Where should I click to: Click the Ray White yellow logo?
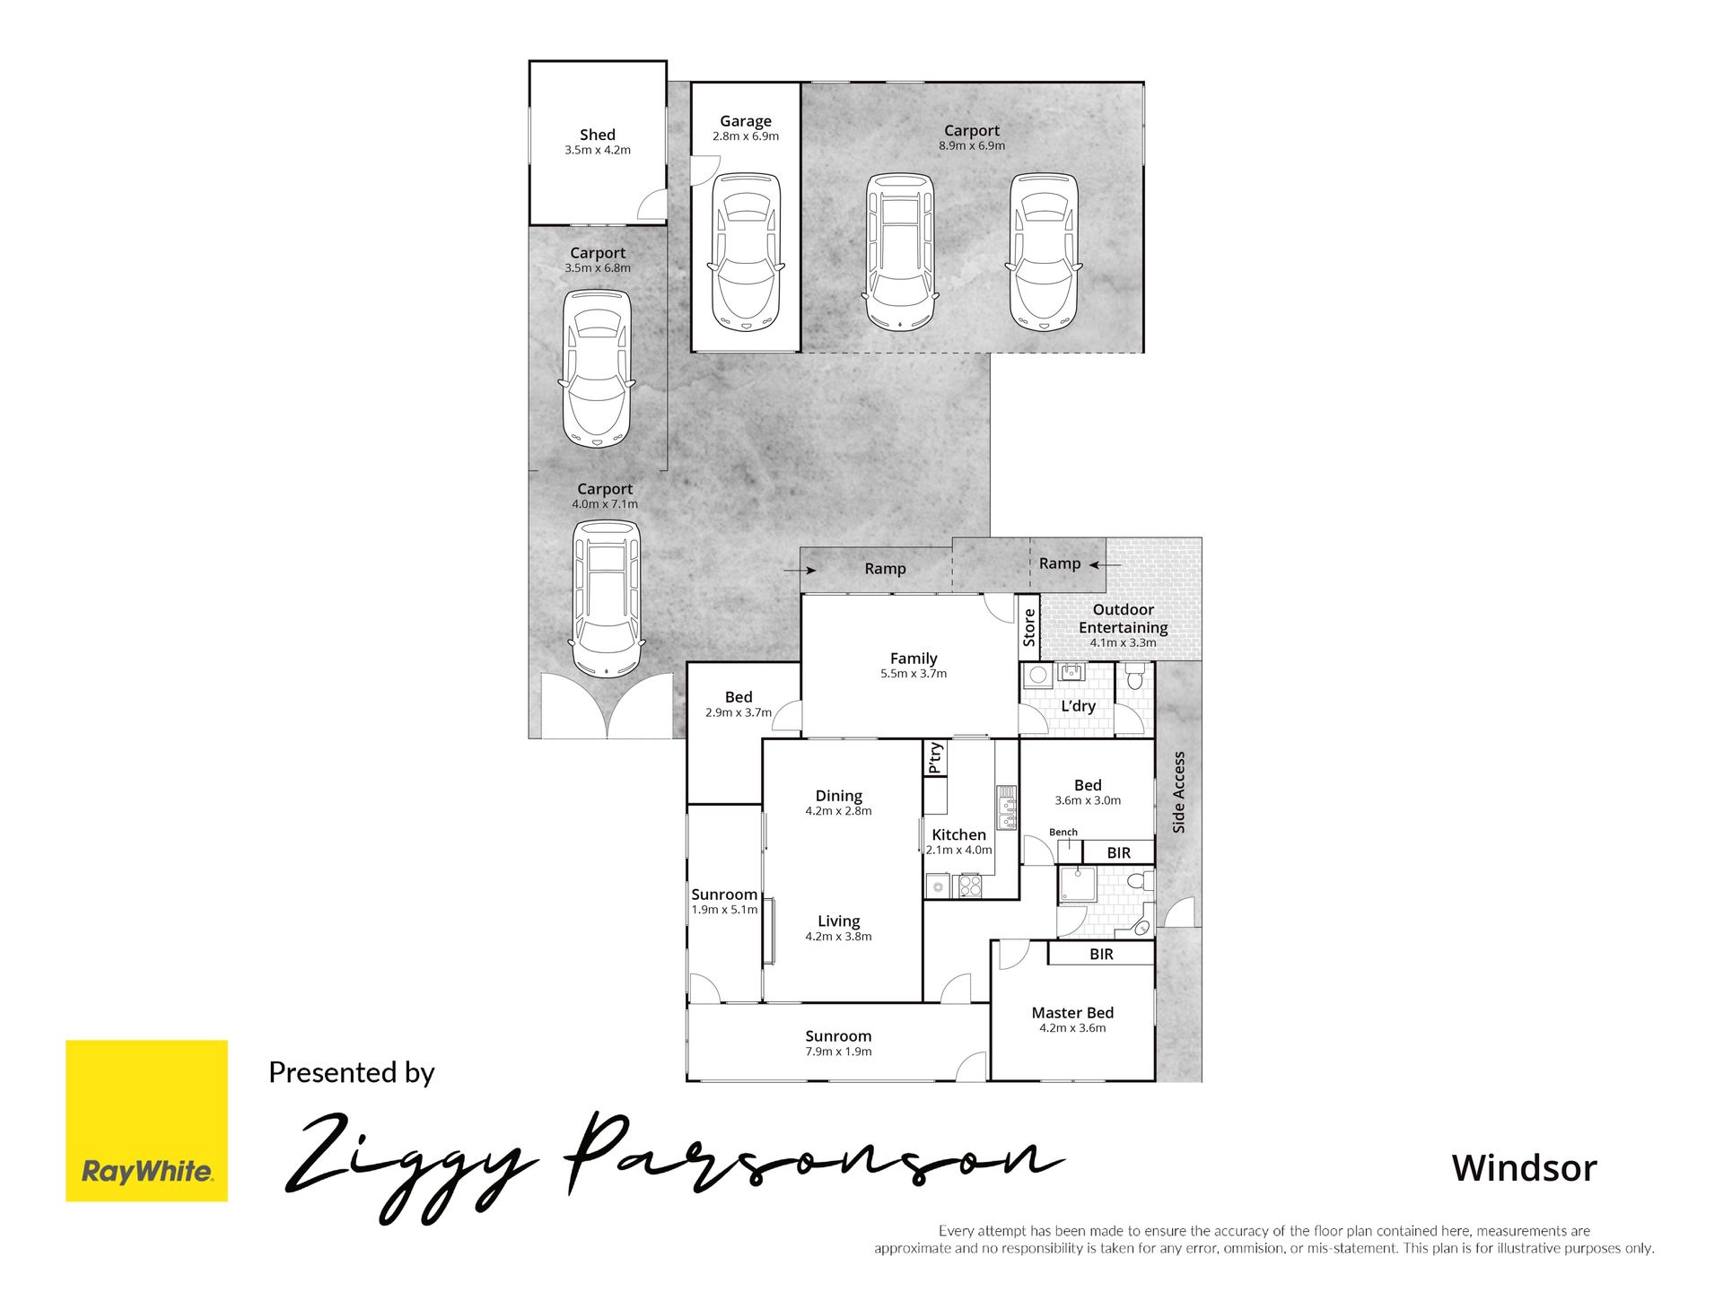[146, 1121]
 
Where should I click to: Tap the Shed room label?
[598, 135]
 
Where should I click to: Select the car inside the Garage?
[745, 253]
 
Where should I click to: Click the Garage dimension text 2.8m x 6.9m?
[746, 136]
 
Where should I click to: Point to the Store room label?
[1029, 627]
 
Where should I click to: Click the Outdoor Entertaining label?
[1124, 618]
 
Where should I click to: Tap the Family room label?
[914, 659]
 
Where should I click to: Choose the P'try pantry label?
[935, 757]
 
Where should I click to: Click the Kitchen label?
[958, 834]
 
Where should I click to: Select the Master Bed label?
[1072, 1013]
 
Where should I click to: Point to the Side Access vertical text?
[1179, 792]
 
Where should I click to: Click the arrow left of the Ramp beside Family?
[800, 570]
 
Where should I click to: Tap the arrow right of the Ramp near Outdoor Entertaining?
[1106, 565]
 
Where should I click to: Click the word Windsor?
[1525, 1168]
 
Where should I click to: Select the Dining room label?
[839, 796]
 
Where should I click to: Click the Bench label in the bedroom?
[1063, 833]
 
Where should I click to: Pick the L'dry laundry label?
[1079, 706]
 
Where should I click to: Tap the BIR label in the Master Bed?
[1101, 955]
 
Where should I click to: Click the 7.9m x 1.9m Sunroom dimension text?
[838, 1052]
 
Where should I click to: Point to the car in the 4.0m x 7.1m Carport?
[607, 598]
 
